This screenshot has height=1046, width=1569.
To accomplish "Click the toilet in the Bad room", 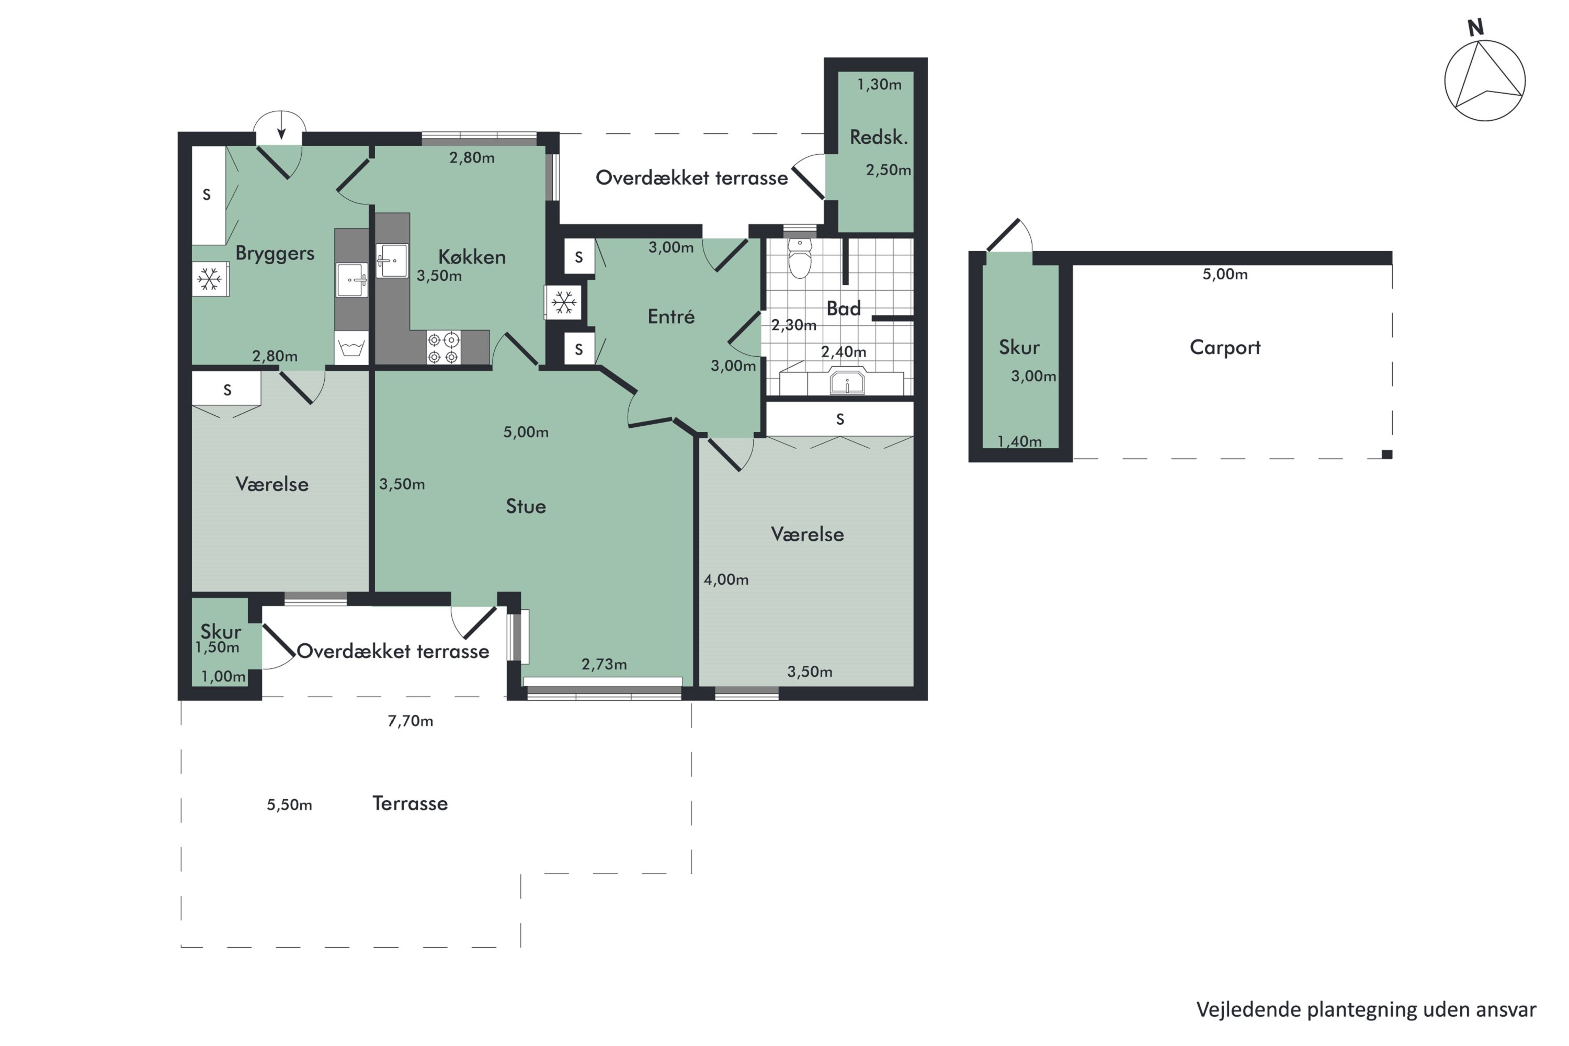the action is pos(800,259).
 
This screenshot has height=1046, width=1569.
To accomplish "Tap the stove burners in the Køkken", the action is pos(444,348).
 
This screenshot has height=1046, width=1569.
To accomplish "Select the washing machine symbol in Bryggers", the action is pos(351,348).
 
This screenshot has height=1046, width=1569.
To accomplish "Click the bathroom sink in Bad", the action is pos(847,382).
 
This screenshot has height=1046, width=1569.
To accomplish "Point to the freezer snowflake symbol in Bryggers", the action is pos(210,279).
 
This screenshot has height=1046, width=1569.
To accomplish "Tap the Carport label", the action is pos(1225,348).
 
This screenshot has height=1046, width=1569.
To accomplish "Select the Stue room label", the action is pos(526,506).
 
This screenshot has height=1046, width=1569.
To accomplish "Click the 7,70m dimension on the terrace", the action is pos(410,721).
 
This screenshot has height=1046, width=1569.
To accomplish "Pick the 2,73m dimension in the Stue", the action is pos(604,664).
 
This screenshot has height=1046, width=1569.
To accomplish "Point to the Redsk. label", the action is pos(879,138).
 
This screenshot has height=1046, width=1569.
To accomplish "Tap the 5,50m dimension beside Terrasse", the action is pos(290,805).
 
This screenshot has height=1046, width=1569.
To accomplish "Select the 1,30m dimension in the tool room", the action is pos(879,85).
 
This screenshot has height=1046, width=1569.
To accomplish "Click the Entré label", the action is pos(671,316).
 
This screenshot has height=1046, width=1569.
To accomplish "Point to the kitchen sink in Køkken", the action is pos(392,260).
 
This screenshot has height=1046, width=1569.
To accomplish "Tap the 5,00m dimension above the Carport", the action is pos(1225,274).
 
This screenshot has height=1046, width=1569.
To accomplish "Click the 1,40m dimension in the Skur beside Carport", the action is pos(1019,441).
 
